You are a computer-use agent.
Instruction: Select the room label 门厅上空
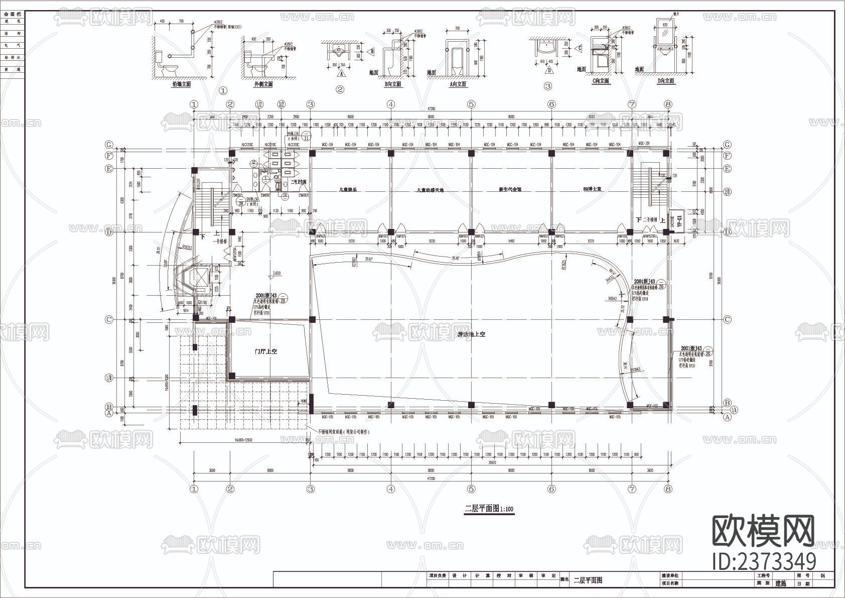point(265,351)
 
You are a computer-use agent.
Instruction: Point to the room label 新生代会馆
point(510,190)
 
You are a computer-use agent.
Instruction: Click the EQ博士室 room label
point(592,190)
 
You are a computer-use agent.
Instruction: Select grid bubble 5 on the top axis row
point(471,104)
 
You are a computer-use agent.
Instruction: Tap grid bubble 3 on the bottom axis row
point(311,489)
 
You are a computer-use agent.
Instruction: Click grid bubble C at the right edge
point(728,319)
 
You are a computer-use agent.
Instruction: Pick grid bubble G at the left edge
point(108,145)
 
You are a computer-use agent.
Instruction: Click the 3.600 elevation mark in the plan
point(276,274)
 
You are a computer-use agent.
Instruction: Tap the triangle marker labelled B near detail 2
point(372,51)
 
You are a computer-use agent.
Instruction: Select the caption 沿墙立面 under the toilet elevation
point(181,84)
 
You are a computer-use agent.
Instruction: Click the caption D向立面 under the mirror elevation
point(665,81)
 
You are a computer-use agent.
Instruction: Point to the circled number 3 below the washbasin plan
point(547,86)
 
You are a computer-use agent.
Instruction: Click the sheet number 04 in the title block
point(822,576)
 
